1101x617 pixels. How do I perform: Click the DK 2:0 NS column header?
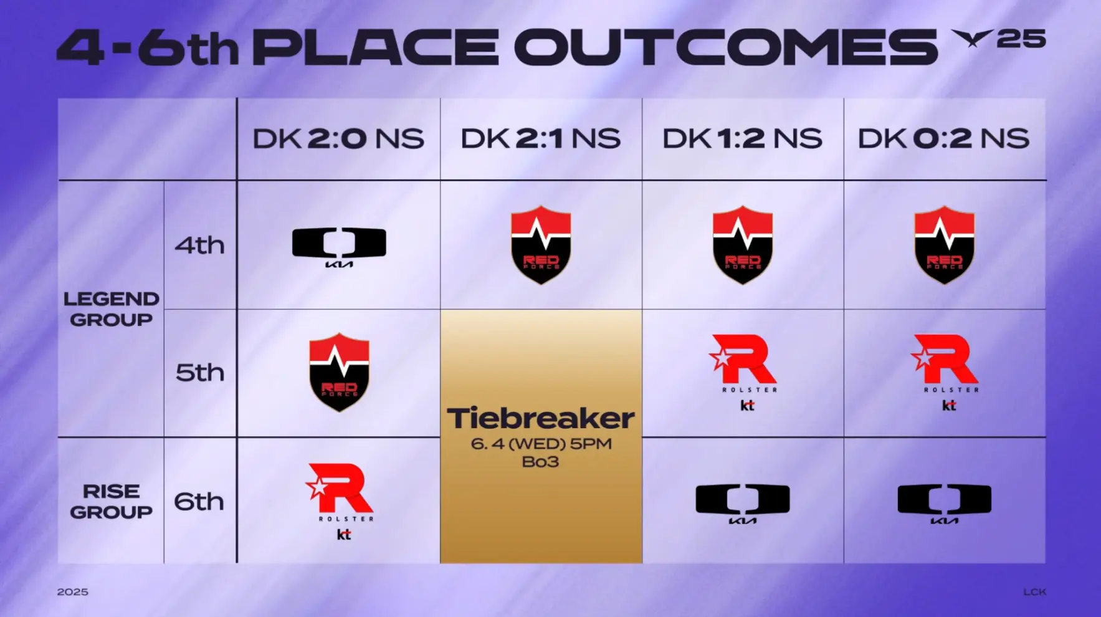(x=338, y=138)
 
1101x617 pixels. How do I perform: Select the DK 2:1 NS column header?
(x=540, y=138)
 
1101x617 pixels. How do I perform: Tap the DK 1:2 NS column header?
(x=742, y=138)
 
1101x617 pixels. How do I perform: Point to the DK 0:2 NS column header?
(x=943, y=138)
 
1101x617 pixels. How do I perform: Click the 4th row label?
(x=199, y=245)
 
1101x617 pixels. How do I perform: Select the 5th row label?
(x=199, y=373)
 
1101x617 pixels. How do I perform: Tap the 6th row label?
(x=199, y=501)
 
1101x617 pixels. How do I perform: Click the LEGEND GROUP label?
(x=112, y=309)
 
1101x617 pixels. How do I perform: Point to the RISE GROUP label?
(x=112, y=502)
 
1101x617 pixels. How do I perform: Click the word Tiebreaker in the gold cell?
(x=541, y=418)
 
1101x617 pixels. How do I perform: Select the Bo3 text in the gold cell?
(x=540, y=462)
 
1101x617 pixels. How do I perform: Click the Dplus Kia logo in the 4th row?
(x=339, y=247)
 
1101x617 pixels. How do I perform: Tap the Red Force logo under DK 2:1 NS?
(x=541, y=245)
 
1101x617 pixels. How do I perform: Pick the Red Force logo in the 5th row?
(x=339, y=373)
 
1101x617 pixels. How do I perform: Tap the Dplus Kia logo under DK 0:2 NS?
(x=944, y=504)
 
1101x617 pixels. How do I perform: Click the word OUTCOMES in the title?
(x=726, y=47)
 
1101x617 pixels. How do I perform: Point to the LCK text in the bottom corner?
(x=1034, y=592)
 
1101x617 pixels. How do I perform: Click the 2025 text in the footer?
(x=73, y=592)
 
